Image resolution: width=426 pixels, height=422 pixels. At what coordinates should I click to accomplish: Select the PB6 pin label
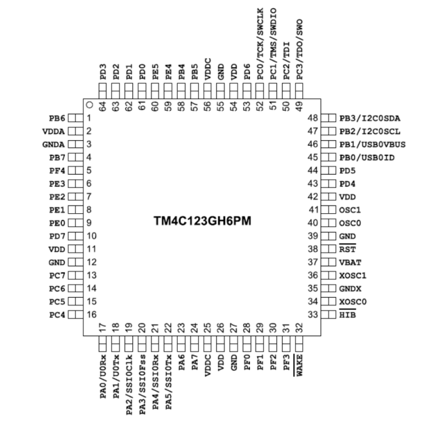pos(57,118)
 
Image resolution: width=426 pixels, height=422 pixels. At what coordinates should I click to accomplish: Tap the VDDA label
pos(53,131)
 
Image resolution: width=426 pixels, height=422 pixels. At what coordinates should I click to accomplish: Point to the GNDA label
pos(53,144)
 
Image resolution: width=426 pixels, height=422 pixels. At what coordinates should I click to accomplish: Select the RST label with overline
pos(347,249)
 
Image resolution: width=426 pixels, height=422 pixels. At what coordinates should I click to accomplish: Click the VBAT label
pos(349,262)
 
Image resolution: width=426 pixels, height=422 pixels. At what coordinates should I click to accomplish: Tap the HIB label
pos(347,315)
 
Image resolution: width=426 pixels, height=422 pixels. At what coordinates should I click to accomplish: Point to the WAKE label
pos(300,366)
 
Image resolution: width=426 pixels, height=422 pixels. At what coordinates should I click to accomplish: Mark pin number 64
pos(103,105)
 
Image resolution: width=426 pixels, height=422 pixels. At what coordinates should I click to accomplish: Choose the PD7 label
pos(57,236)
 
